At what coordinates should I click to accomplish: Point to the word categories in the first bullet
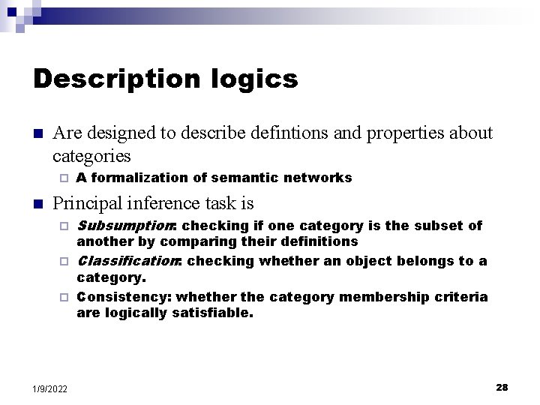(91, 156)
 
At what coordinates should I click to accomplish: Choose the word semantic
(249, 178)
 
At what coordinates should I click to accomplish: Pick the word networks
(321, 178)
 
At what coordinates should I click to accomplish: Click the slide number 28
(502, 387)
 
